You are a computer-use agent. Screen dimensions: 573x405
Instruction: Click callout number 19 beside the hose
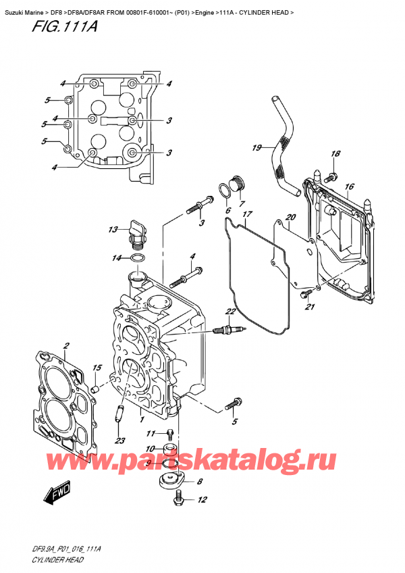coord(256,147)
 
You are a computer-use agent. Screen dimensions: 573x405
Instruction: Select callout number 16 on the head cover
coord(349,186)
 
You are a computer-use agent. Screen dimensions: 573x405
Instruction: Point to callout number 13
coord(114,229)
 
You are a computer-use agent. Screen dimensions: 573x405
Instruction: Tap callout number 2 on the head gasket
coord(66,347)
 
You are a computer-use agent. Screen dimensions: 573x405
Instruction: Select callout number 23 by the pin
coord(119,441)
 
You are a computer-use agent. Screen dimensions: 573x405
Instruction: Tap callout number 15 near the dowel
coord(97,368)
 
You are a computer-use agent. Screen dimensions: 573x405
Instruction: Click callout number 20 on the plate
coord(290,217)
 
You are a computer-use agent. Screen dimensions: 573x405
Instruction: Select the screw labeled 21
coord(308,292)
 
